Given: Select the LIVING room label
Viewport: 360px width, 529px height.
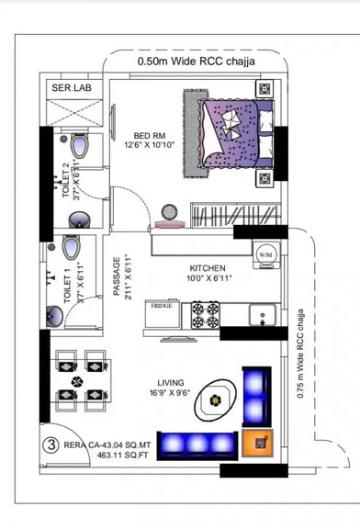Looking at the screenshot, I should coord(171,382).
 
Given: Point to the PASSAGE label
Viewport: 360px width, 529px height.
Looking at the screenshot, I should coord(117,275).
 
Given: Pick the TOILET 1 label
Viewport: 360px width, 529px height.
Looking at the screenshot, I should coord(67,286).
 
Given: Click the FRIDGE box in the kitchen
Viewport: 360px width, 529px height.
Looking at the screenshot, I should coord(162,305).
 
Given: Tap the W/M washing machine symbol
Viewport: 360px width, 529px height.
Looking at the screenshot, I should coord(266,253).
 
